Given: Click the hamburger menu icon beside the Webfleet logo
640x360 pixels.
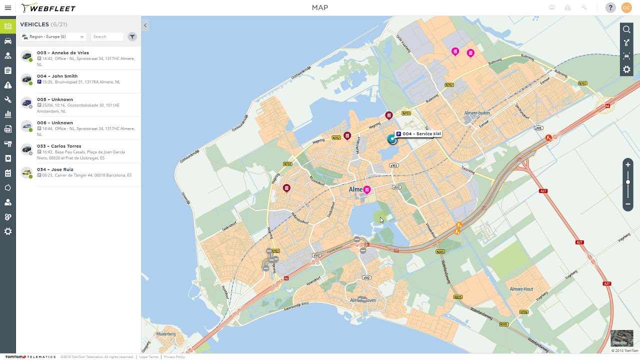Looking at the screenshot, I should (8, 8).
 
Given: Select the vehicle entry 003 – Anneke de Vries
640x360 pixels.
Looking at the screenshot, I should (62, 53).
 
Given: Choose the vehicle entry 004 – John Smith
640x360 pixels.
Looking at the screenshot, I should (57, 76).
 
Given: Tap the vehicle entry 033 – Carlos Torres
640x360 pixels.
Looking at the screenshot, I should (58, 146).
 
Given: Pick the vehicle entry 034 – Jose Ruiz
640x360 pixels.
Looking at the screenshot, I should (55, 169).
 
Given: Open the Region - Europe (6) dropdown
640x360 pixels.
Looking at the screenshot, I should (53, 36).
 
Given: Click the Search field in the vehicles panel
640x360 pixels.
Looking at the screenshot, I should (106, 36).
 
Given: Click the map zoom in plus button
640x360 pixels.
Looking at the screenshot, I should (628, 164).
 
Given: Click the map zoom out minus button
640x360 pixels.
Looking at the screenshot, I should (628, 204).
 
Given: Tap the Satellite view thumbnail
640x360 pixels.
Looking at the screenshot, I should (622, 338).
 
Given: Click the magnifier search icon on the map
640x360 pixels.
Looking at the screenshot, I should (626, 29).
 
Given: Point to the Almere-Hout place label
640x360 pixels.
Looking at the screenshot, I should (521, 289).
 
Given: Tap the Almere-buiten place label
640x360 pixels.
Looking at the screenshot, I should (476, 113).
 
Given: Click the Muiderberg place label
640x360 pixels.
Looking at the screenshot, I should (166, 334).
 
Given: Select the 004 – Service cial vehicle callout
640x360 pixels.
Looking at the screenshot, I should (419, 134).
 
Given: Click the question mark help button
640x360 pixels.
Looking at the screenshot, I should (610, 7).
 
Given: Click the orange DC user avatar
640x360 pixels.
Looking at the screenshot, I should (626, 7).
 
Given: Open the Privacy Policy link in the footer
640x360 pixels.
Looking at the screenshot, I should (174, 357).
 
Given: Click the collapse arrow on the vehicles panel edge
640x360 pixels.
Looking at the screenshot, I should (145, 25).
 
